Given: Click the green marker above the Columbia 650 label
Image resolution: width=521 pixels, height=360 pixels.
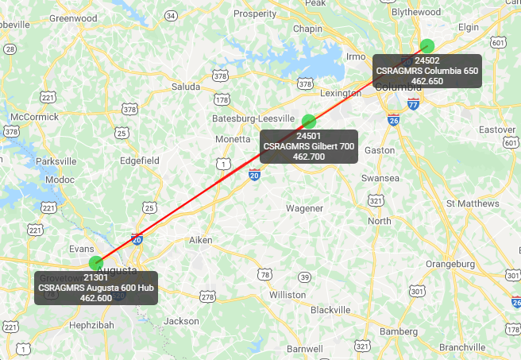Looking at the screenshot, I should [427, 45].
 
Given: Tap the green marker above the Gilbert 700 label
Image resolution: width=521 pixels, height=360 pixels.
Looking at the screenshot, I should [310, 122].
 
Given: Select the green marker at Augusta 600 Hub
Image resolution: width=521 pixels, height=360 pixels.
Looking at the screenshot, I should [96, 262].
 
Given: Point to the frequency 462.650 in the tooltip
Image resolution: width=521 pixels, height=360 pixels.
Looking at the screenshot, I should [427, 81].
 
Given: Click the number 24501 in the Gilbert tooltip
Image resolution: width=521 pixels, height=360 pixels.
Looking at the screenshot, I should [308, 137].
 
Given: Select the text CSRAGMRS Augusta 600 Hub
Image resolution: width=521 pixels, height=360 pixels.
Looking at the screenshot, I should [97, 287].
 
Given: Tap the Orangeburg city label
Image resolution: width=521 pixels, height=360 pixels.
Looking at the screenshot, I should [450, 263].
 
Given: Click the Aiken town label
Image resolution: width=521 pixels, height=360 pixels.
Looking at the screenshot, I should [203, 240].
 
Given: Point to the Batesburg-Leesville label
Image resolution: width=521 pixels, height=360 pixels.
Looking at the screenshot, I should [254, 118].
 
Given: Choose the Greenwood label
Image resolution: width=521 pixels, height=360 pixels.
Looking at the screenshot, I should [73, 17].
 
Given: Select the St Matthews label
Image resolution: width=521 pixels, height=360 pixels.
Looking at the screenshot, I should [473, 203].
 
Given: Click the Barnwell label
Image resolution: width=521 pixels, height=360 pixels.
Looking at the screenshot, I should [304, 349].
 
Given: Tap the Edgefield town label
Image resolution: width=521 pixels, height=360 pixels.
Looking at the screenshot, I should [139, 160].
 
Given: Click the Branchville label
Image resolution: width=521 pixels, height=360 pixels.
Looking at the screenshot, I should [461, 347].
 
